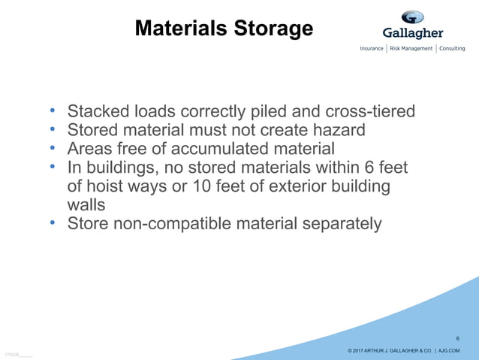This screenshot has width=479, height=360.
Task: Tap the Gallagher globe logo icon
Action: point(412,17)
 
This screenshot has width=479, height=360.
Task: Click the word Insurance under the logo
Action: point(372,49)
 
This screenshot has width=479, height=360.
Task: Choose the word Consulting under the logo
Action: point(453,49)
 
